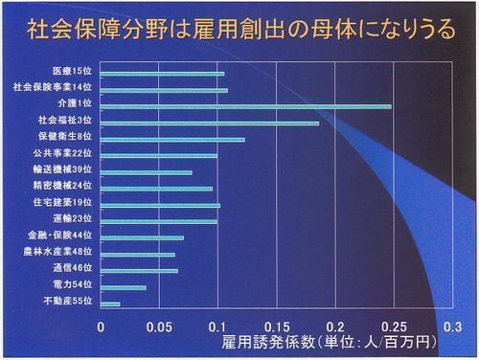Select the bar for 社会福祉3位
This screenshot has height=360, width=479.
click(x=210, y=123)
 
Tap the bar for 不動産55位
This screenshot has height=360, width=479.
click(x=110, y=304)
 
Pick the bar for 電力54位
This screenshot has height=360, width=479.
click(x=124, y=287)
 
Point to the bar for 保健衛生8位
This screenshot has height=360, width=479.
click(x=172, y=140)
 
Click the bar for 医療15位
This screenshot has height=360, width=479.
click(x=162, y=73)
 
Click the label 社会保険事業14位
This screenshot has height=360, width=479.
click(x=54, y=87)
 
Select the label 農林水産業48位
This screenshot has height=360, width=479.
click(x=58, y=252)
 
